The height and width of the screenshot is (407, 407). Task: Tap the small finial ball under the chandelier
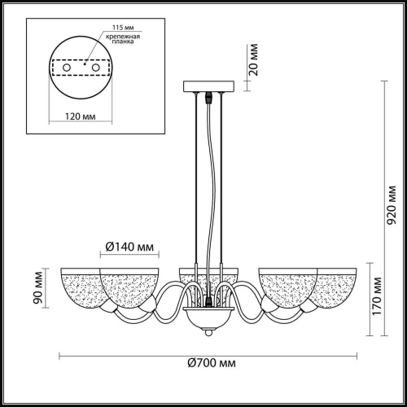click(209, 331)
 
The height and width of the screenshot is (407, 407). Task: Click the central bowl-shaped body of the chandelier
click(209, 316)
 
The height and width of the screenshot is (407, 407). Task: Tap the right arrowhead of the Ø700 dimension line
click(356, 355)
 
